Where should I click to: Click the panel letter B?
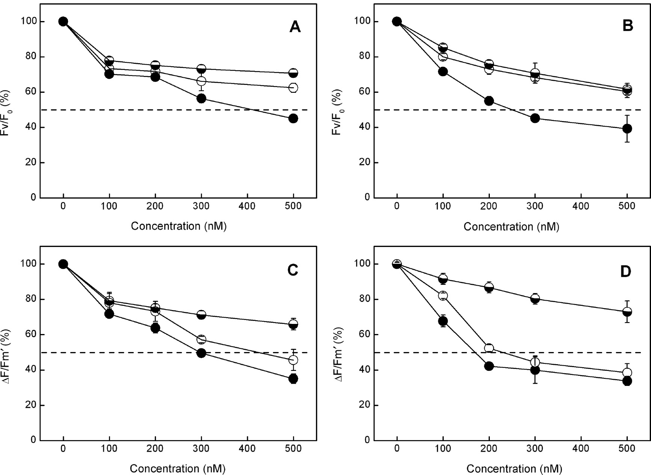point(628,26)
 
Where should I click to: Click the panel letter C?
point(292,270)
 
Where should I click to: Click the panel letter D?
point(625,272)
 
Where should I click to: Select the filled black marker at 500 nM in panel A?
point(293,118)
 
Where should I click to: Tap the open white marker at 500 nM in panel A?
point(293,88)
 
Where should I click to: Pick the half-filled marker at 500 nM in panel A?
point(293,73)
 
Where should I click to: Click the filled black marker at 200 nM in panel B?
point(489,101)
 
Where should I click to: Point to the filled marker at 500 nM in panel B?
point(627,129)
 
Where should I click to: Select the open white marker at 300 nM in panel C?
point(201,339)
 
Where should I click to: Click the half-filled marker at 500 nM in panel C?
point(293,324)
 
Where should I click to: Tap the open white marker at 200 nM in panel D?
point(489,348)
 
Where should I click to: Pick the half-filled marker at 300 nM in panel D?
point(535,299)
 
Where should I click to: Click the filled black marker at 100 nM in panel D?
point(443,321)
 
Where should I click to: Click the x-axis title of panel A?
point(179,226)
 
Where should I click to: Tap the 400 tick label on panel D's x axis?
point(581,448)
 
